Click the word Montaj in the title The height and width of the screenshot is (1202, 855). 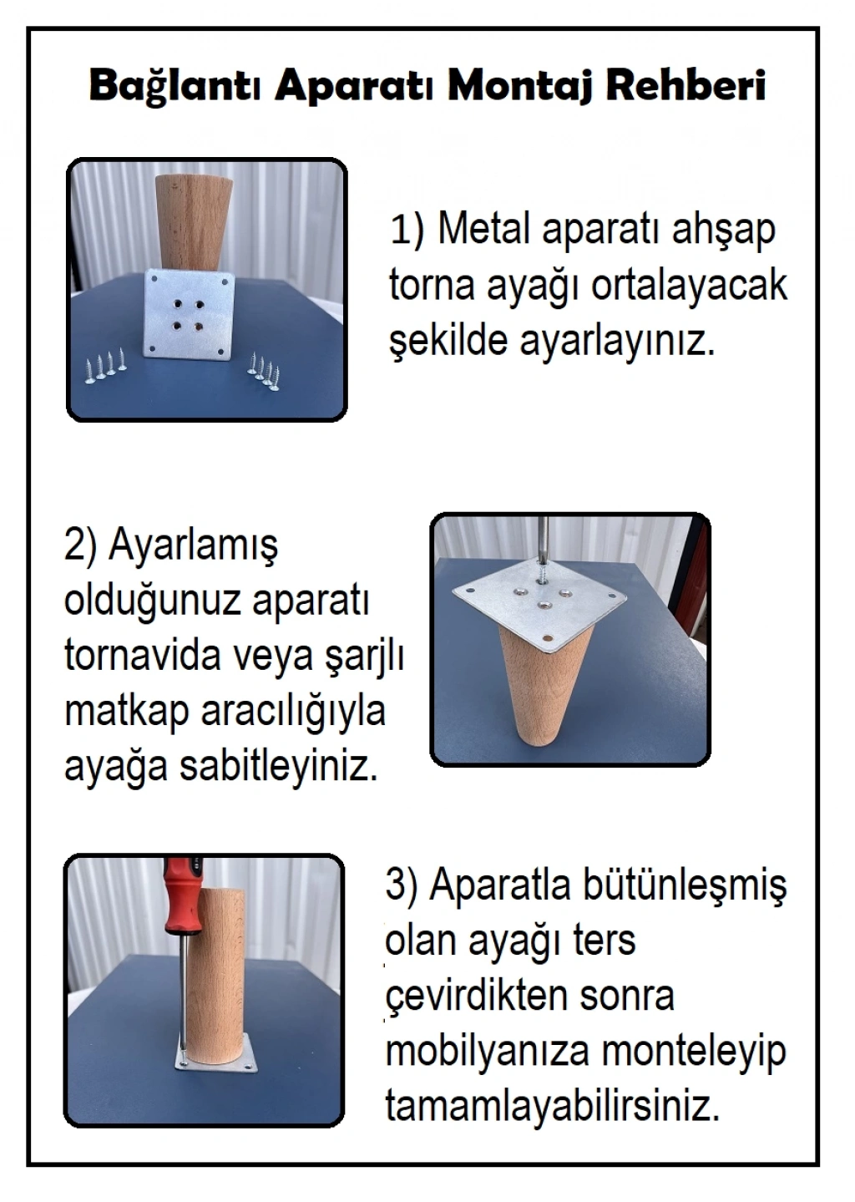(519, 86)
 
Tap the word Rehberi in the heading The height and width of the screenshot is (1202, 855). (685, 85)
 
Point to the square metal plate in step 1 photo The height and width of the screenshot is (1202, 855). (191, 313)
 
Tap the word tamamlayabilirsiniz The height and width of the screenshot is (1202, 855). (553, 1107)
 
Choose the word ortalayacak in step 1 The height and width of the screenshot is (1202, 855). (690, 286)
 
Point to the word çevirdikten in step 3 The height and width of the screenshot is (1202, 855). (477, 997)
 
